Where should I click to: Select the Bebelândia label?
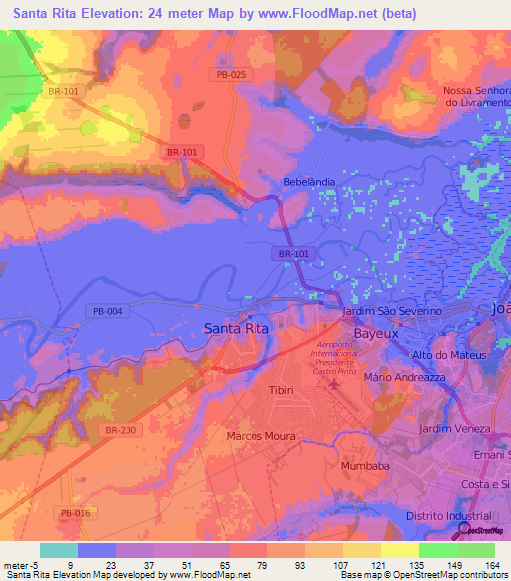[x=306, y=183]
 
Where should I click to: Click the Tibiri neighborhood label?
[x=281, y=390]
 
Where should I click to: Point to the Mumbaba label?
[x=364, y=466]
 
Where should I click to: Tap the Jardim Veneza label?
[x=455, y=428]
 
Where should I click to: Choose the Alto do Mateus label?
[x=448, y=355]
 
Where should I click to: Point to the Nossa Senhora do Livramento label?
[x=476, y=97]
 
